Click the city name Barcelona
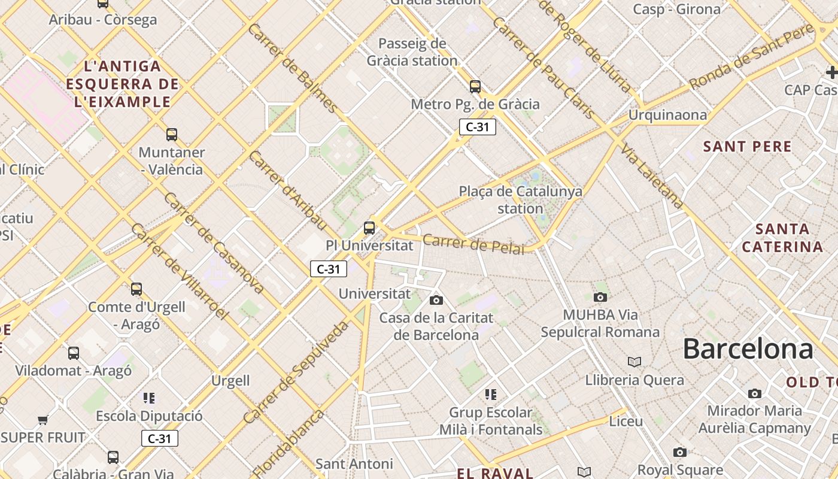click(x=748, y=348)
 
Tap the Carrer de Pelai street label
click(x=473, y=244)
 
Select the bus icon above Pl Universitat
click(x=369, y=228)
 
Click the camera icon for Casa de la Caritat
click(x=436, y=300)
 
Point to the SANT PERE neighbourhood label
click(x=747, y=147)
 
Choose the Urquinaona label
click(x=667, y=115)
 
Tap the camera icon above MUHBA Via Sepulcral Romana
click(x=600, y=297)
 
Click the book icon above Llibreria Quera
click(x=634, y=362)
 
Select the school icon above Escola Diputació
click(x=149, y=398)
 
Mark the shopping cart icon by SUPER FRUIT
click(x=42, y=420)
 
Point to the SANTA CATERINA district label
click(x=782, y=238)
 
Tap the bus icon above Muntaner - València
click(x=172, y=134)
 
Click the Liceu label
click(x=626, y=421)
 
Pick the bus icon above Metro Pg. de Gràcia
click(x=475, y=87)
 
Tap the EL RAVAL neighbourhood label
click(x=495, y=473)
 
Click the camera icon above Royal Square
click(x=679, y=452)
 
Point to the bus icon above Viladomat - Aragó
click(x=74, y=353)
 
